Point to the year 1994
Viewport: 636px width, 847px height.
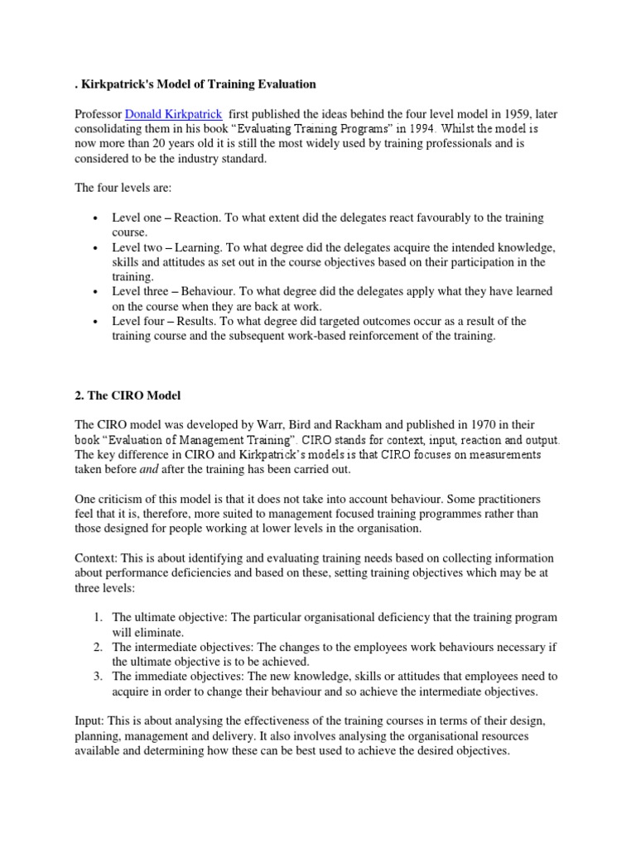click(x=431, y=129)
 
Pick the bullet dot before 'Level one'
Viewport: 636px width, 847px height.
click(x=96, y=218)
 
